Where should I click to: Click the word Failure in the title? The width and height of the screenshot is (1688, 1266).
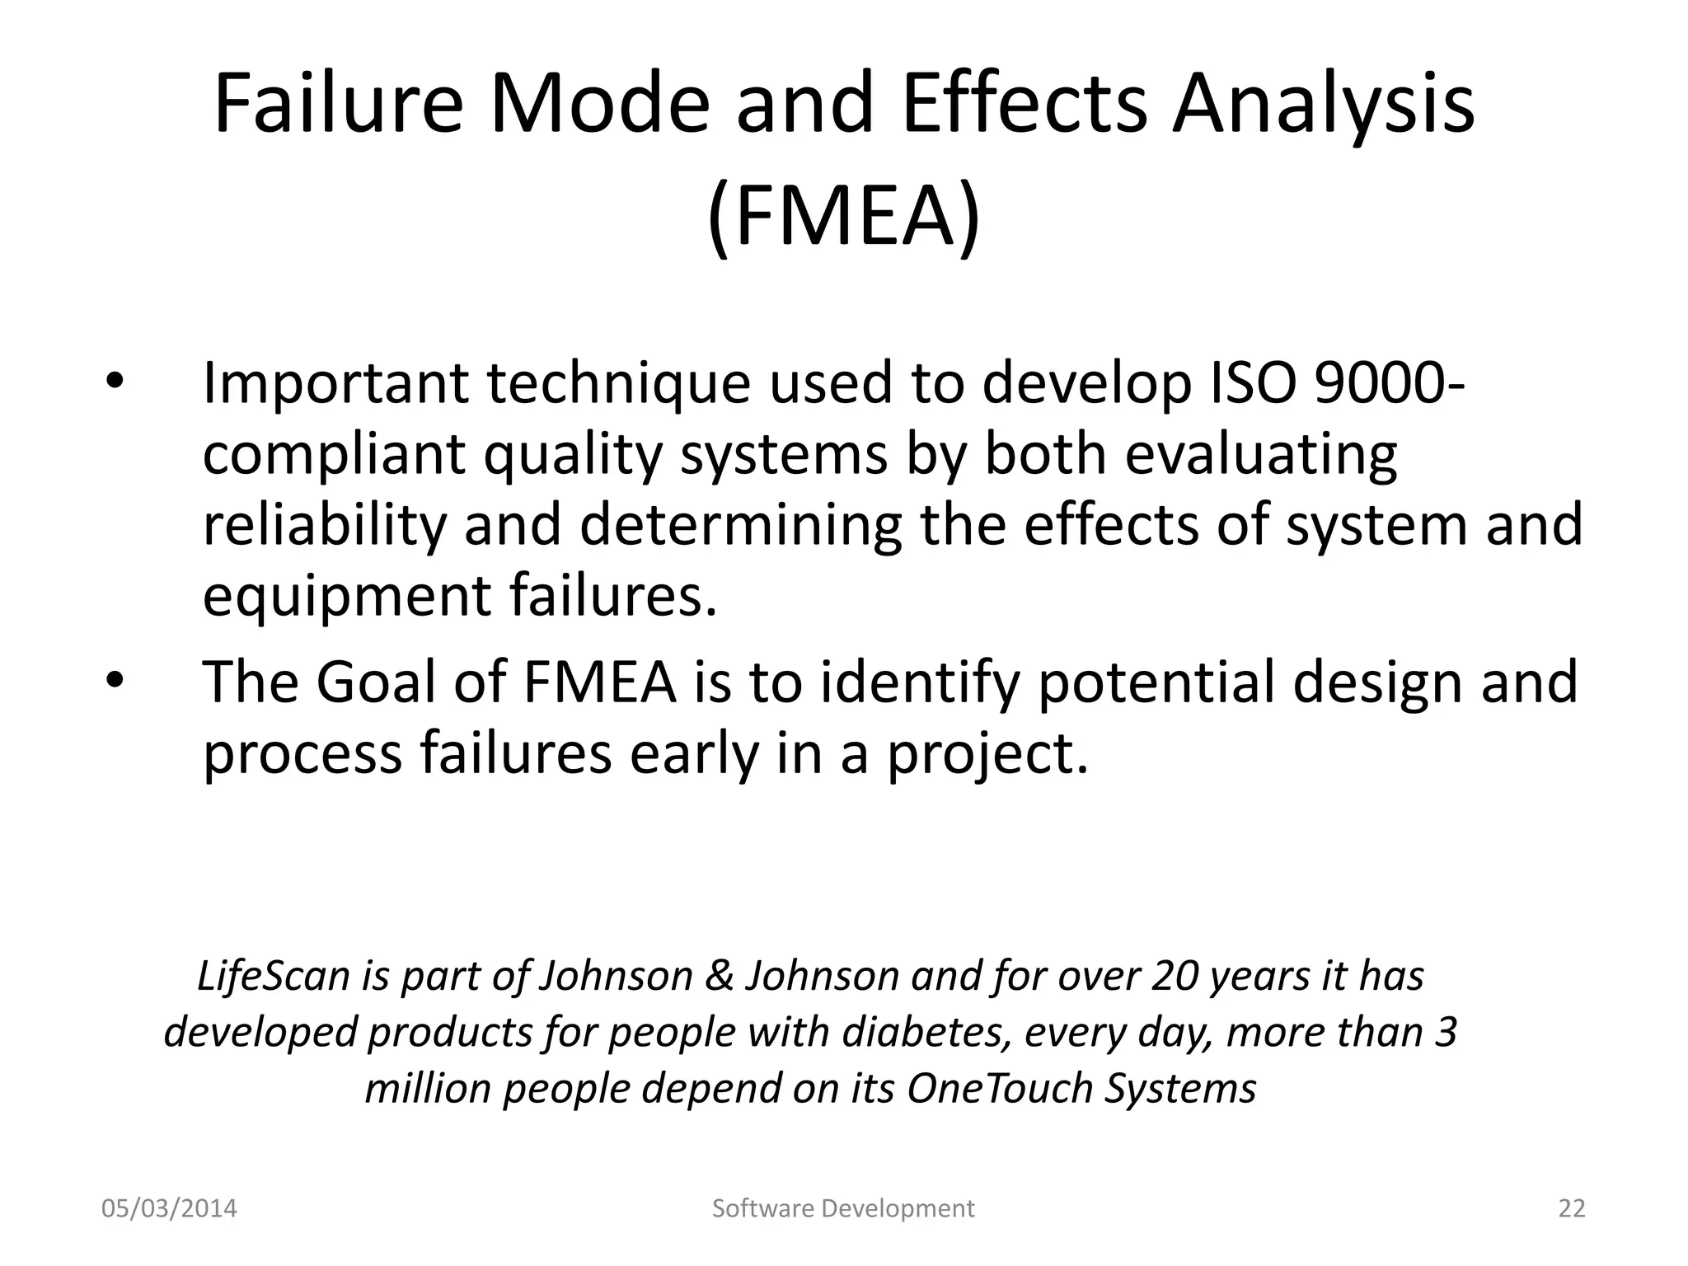(339, 105)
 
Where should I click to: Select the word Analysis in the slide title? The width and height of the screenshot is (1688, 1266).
(1324, 105)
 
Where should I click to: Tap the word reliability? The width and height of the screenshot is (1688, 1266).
(324, 525)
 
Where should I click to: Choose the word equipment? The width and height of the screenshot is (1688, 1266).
(346, 596)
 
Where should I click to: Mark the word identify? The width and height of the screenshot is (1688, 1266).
(919, 682)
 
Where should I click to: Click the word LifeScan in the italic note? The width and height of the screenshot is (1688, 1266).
(274, 976)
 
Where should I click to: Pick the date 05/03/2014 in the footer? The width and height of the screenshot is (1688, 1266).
(169, 1208)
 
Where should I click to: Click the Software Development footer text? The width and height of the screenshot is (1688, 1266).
(843, 1208)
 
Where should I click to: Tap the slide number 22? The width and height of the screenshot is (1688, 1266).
(1572, 1208)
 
